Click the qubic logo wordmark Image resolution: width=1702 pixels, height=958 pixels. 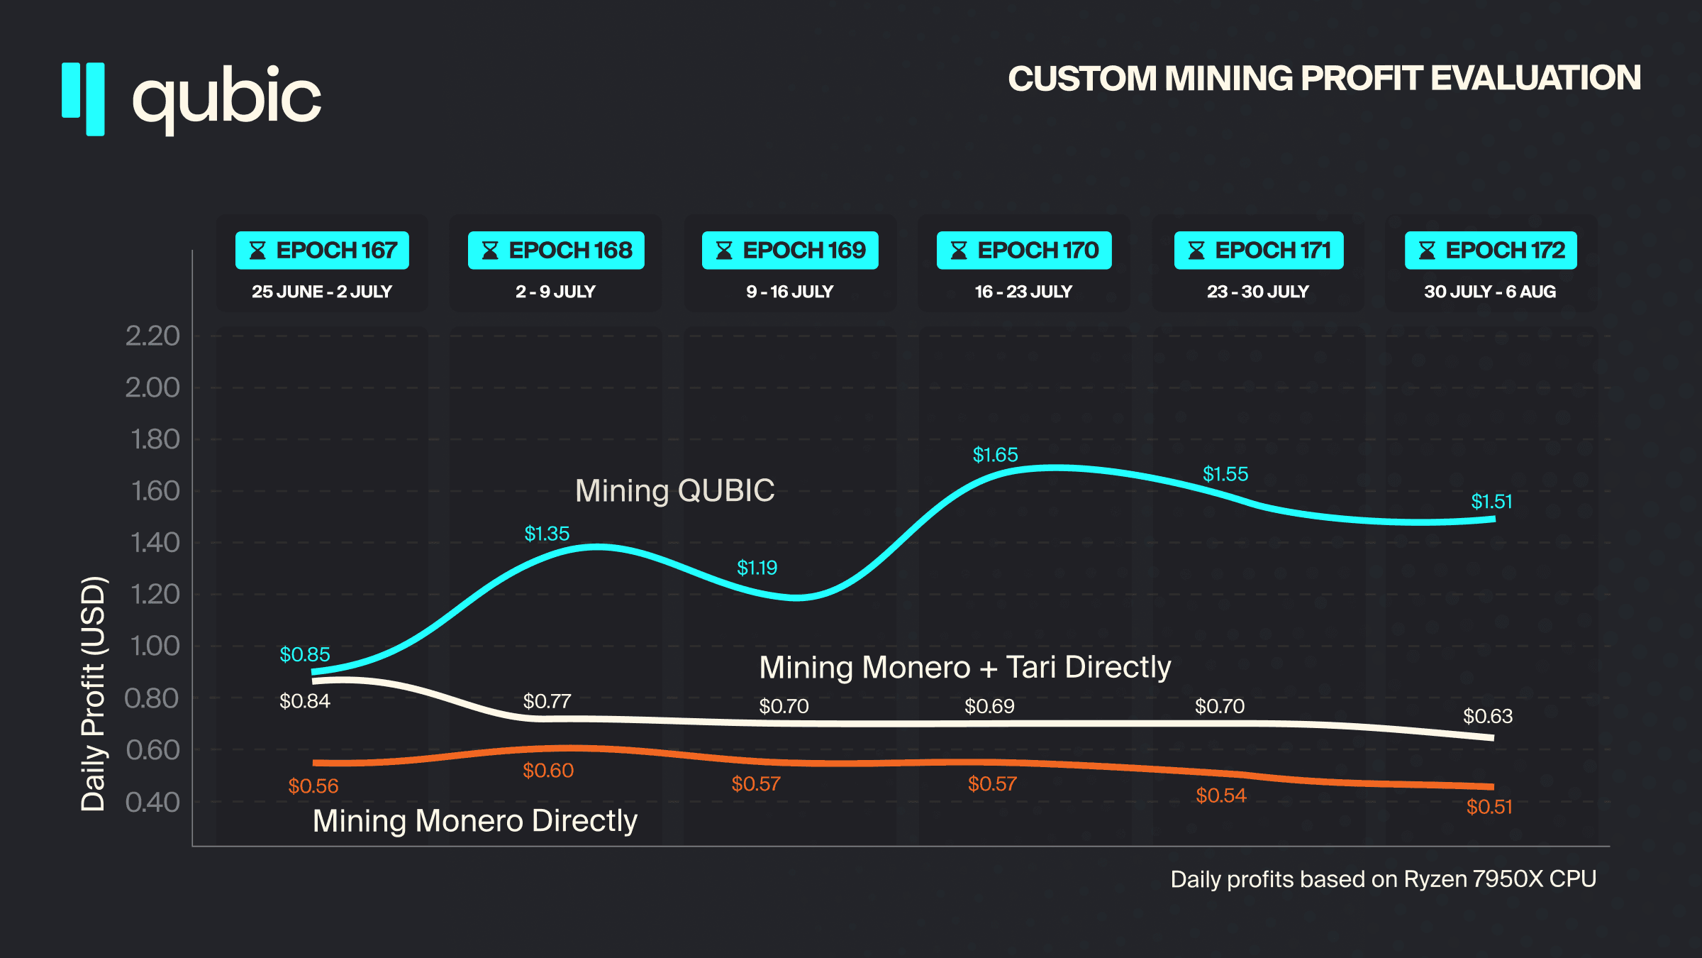pyautogui.click(x=227, y=98)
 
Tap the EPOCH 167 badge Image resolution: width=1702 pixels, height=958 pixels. pyautogui.click(x=322, y=250)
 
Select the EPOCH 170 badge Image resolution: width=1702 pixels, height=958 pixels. pyautogui.click(x=1024, y=250)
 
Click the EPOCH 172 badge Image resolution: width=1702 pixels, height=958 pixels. pyautogui.click(x=1491, y=250)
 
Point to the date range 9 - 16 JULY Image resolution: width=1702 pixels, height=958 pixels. pyautogui.click(x=789, y=292)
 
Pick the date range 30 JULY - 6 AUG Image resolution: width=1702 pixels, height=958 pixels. pyautogui.click(x=1490, y=292)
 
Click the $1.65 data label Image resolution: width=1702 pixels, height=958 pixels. pyautogui.click(x=995, y=455)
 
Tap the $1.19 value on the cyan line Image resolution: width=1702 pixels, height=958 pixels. pyautogui.click(x=757, y=568)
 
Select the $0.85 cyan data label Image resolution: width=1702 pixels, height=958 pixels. pyautogui.click(x=305, y=654)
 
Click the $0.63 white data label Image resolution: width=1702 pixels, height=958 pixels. pyautogui.click(x=1488, y=716)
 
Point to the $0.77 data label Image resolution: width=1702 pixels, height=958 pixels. pyautogui.click(x=547, y=701)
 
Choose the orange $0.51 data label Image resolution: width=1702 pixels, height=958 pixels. pyautogui.click(x=1489, y=807)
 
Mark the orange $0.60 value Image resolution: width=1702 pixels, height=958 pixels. pyautogui.click(x=548, y=770)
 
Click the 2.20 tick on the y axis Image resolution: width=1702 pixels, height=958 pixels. pyautogui.click(x=152, y=336)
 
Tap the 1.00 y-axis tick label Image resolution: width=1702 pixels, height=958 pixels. pyautogui.click(x=155, y=646)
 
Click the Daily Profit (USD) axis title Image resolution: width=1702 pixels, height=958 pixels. pyautogui.click(x=93, y=693)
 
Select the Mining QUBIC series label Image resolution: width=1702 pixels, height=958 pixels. pyautogui.click(x=674, y=490)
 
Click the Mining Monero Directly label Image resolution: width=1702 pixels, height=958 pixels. pyautogui.click(x=475, y=821)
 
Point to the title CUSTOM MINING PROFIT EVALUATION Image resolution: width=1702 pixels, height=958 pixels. pyautogui.click(x=1324, y=78)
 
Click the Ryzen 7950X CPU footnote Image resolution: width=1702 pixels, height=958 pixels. pyautogui.click(x=1383, y=879)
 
